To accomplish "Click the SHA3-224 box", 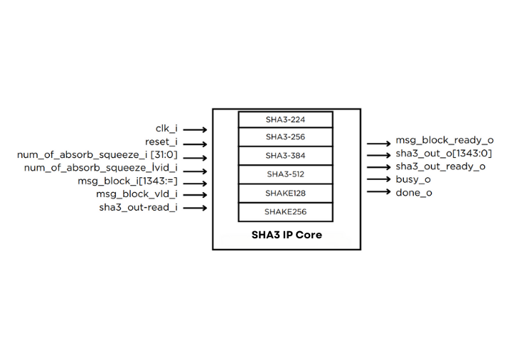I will coord(286,119).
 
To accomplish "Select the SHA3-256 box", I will coord(286,137).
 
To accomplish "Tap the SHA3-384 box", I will coord(286,156).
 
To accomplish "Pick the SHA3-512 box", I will coord(286,174).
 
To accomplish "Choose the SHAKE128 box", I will coord(286,193).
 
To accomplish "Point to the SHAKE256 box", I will coord(286,211).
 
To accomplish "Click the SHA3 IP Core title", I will coord(287,235).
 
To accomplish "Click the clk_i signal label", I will coord(166,129).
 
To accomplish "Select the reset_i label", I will coord(161,142).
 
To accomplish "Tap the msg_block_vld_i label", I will coord(137,194).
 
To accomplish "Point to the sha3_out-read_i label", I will coord(138,208).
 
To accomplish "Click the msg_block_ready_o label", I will coord(444,141).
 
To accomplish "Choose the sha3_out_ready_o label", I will coord(441,166).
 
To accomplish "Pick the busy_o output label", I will coord(413,179).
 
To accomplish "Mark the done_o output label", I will coord(414,193).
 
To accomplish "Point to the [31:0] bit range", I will coord(164,155).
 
